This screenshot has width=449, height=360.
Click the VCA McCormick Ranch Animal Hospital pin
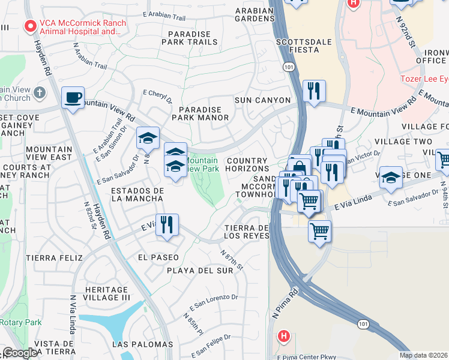coord(28,26)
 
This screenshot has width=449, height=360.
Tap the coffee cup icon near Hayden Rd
coord(73,97)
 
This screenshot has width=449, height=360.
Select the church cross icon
coord(40,92)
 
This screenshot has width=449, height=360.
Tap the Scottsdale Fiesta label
coord(297,46)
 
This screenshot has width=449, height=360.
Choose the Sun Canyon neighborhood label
coord(262,100)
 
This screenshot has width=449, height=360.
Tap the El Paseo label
coord(158,257)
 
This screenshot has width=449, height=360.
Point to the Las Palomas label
coord(142,344)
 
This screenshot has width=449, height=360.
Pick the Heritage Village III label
coord(107,293)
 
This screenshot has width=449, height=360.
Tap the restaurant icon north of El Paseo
coord(167,225)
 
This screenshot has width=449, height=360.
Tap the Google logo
coord(20,353)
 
